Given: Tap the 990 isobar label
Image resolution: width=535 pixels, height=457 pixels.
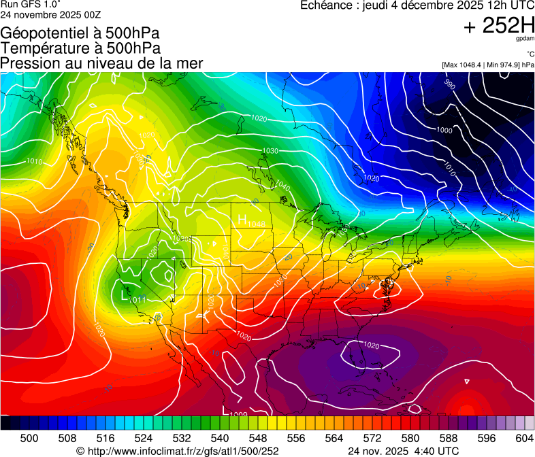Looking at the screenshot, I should pyautogui.click(x=449, y=85).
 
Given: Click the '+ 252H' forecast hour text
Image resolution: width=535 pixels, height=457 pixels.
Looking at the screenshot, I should pyautogui.click(x=498, y=26).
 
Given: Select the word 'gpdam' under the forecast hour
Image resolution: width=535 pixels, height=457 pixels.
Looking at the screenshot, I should pyautogui.click(x=525, y=40).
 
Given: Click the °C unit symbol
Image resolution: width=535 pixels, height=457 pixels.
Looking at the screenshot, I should pyautogui.click(x=529, y=54).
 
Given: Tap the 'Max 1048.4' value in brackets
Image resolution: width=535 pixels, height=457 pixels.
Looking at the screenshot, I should pyautogui.click(x=466, y=65).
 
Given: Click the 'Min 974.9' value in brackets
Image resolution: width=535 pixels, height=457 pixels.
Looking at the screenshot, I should pyautogui.click(x=504, y=65).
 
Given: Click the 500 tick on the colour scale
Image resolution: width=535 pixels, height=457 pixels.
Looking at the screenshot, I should pyautogui.click(x=29, y=438).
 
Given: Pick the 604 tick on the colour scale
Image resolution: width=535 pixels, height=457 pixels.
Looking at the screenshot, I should pyautogui.click(x=524, y=438).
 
